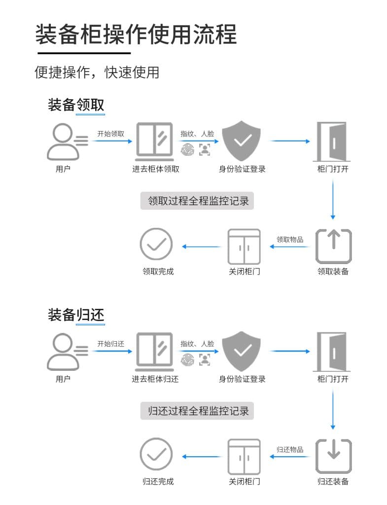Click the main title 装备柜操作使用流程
coord(136,34)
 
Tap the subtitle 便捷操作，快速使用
coord(97,72)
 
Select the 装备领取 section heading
coord(76,105)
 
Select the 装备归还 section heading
coord(76,315)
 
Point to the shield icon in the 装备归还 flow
coord(242,351)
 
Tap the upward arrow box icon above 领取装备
coord(333,246)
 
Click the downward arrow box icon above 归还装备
coord(333,456)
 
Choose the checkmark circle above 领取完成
coord(156,244)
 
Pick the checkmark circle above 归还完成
coord(156,454)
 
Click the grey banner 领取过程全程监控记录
coord(197,201)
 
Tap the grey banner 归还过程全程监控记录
coord(197,411)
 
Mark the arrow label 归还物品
coord(290,450)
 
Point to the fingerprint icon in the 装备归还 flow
coord(188,359)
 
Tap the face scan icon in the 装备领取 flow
coord(204,149)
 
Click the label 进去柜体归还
coord(155,379)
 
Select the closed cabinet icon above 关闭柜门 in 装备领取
coord(244,246)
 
